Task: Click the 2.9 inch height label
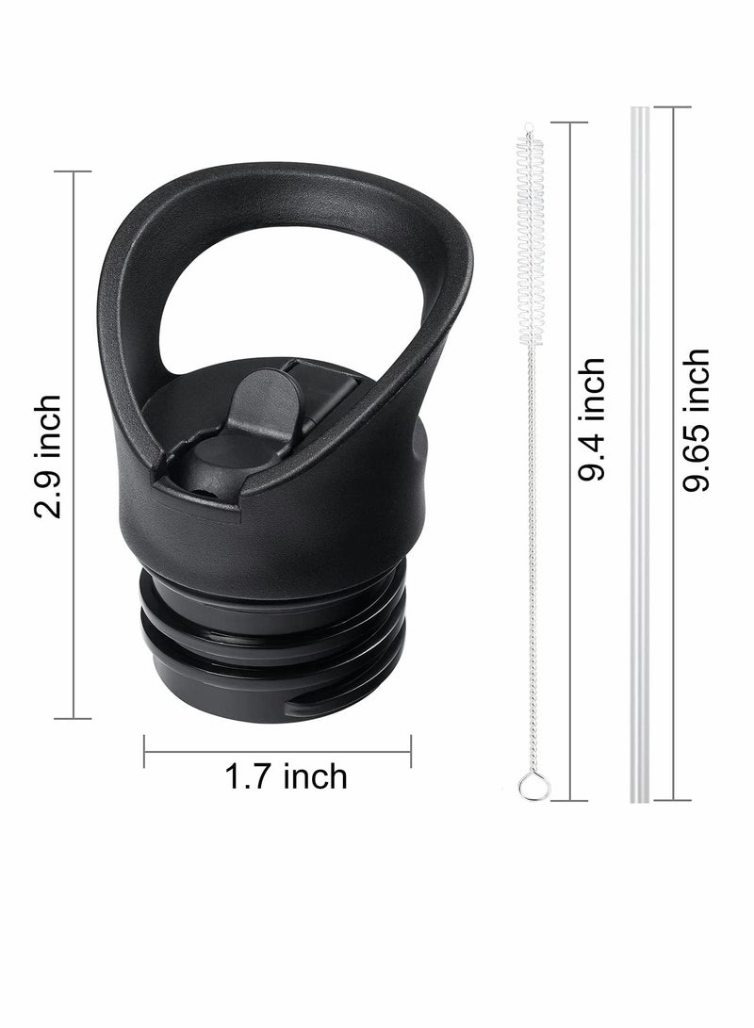(47, 456)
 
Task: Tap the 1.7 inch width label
(286, 776)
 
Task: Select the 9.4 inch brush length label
(592, 420)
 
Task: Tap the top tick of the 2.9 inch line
(73, 171)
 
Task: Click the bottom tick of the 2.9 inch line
(73, 719)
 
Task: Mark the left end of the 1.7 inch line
(144, 751)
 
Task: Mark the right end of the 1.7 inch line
(411, 751)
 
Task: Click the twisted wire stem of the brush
(531, 565)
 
